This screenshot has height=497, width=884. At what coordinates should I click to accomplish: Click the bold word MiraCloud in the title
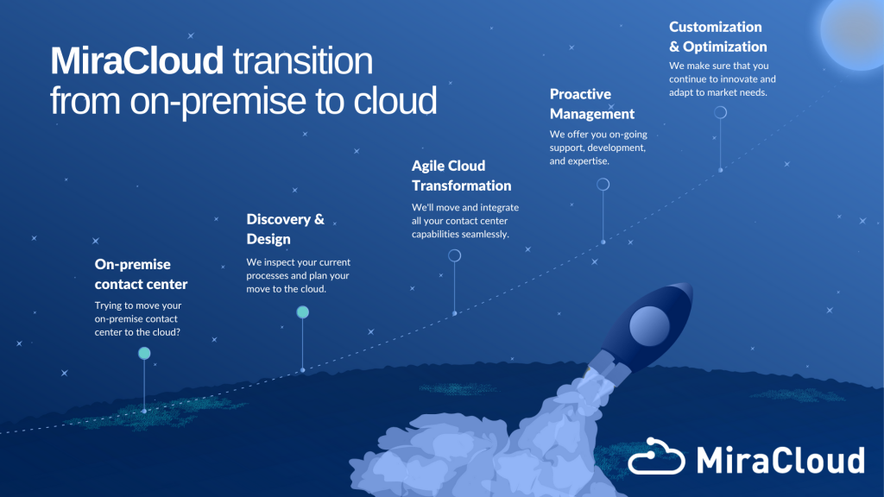[x=137, y=61]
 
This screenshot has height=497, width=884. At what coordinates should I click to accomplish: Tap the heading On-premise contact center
[x=141, y=274]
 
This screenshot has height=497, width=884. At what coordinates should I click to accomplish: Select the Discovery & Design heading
[x=285, y=229]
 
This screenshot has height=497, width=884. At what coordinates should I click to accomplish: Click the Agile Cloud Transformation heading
[x=461, y=175]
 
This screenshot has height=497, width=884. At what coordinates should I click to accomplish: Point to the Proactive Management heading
[x=592, y=104]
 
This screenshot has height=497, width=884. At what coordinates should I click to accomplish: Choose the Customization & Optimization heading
[x=717, y=36]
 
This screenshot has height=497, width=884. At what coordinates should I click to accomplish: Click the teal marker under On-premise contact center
[x=144, y=353]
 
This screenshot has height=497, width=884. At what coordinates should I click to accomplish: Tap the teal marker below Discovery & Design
[x=303, y=312]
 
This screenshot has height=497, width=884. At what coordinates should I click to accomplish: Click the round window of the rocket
[x=649, y=326]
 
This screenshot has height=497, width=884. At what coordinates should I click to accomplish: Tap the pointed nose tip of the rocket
[x=691, y=285]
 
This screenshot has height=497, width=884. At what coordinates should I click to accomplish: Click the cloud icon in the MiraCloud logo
[x=656, y=456]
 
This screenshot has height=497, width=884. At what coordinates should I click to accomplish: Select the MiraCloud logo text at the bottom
[x=780, y=460]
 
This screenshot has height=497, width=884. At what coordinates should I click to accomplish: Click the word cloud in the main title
[x=395, y=101]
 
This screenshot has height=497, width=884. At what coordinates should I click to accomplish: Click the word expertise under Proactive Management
[x=588, y=161]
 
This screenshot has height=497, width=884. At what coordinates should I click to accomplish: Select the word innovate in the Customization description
[x=736, y=79]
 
